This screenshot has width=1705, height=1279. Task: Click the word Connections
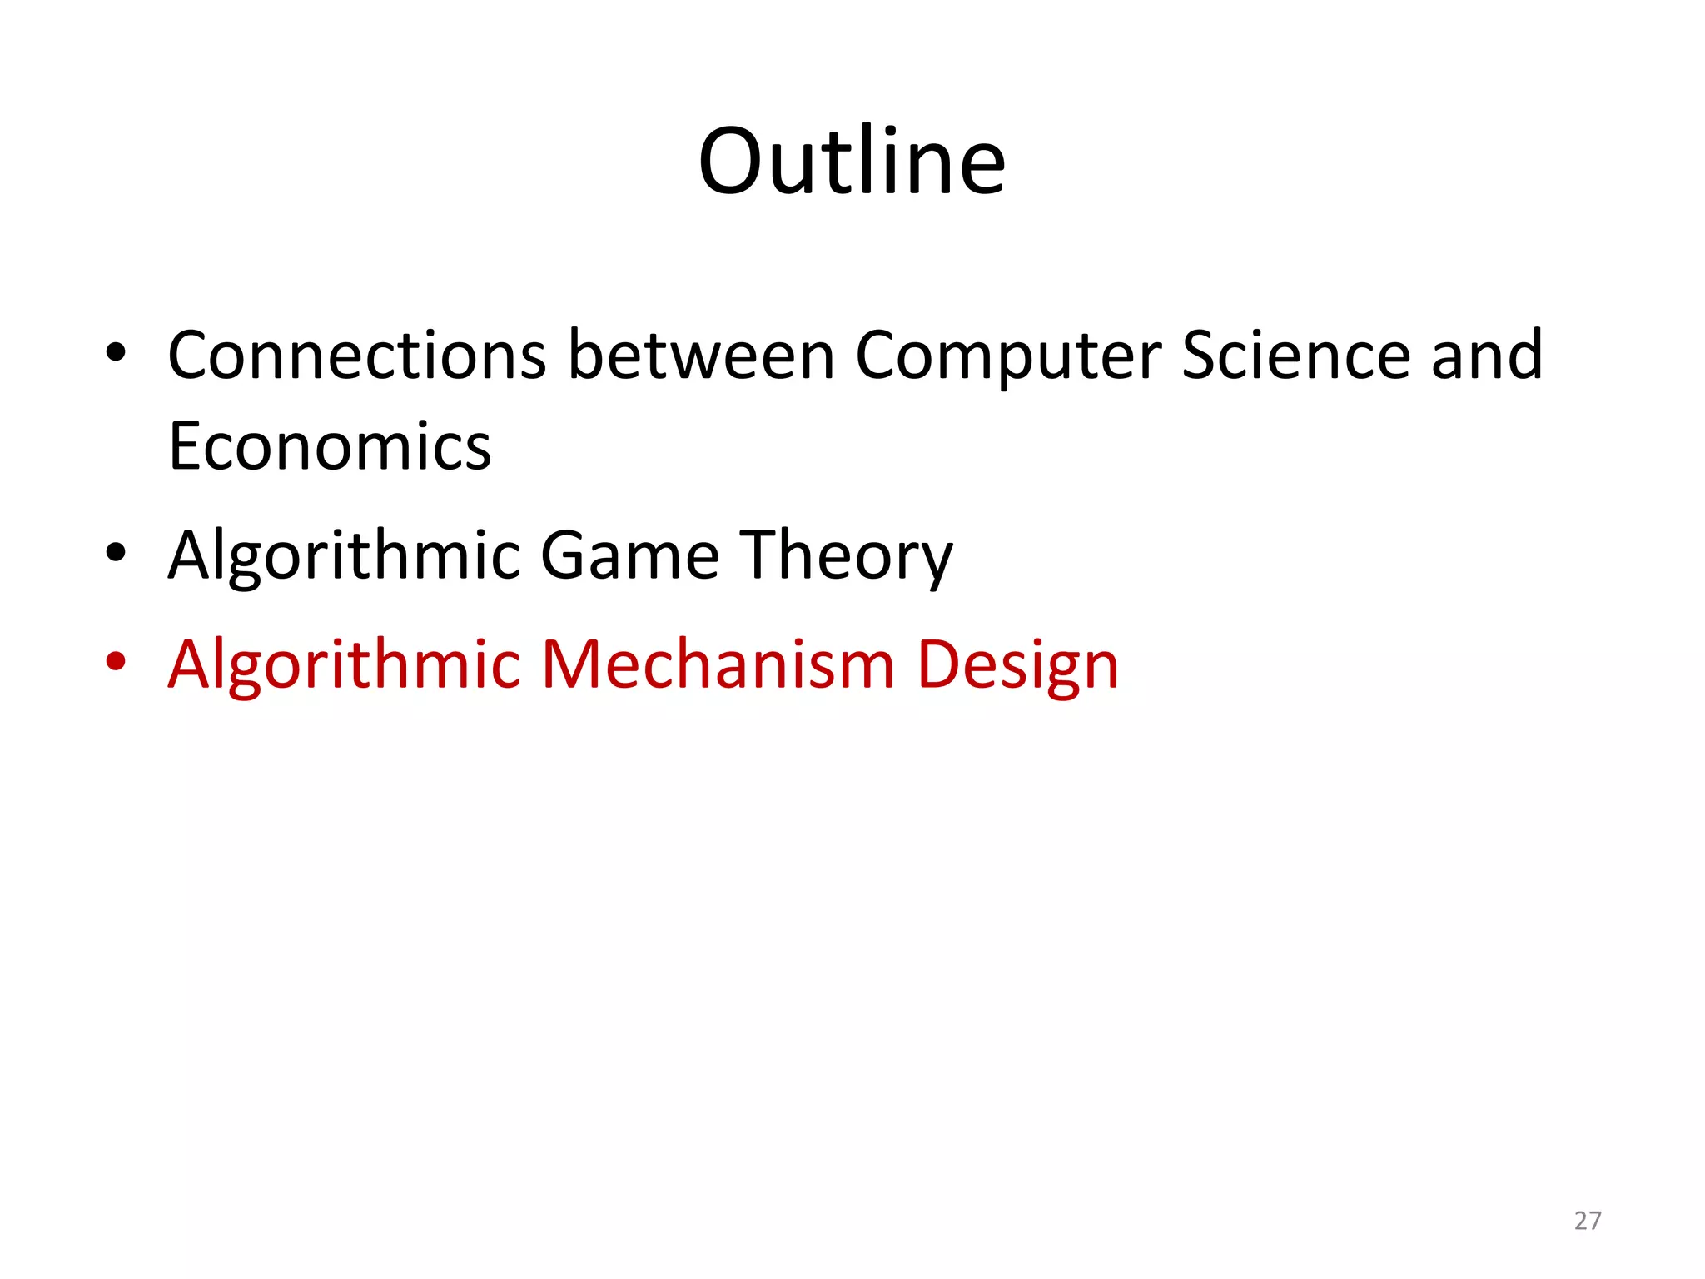pyautogui.click(x=357, y=356)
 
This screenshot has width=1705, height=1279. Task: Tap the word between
pyautogui.click(x=701, y=356)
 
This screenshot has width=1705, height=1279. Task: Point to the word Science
pyautogui.click(x=1295, y=356)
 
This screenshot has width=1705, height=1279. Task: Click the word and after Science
pyautogui.click(x=1487, y=356)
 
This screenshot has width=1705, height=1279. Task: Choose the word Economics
pyautogui.click(x=330, y=447)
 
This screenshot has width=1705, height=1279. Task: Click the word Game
pyautogui.click(x=630, y=555)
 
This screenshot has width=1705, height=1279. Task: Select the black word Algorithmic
pyautogui.click(x=344, y=556)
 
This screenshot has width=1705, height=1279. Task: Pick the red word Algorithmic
pyautogui.click(x=344, y=665)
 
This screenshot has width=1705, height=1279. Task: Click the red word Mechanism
pyautogui.click(x=718, y=665)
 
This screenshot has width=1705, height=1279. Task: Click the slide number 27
pyautogui.click(x=1588, y=1221)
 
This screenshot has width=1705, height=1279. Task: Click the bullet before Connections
pyautogui.click(x=116, y=352)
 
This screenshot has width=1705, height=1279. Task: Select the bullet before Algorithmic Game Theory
pyautogui.click(x=116, y=552)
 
